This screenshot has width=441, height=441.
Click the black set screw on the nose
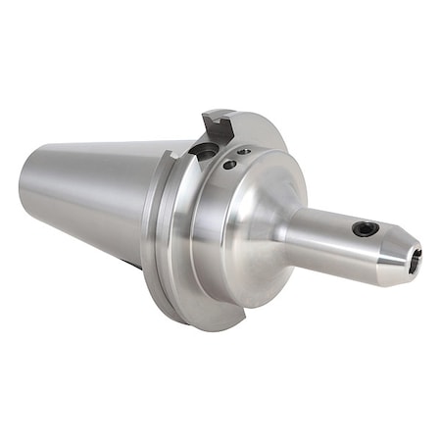pos(367,228)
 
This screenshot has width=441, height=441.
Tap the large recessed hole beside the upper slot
pos(206,150)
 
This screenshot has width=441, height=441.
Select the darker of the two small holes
pos(229,165)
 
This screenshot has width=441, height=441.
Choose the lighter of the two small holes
pos(244,152)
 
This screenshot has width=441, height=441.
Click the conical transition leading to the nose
pos(279,230)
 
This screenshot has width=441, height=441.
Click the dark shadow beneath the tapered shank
pos(132,263)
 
